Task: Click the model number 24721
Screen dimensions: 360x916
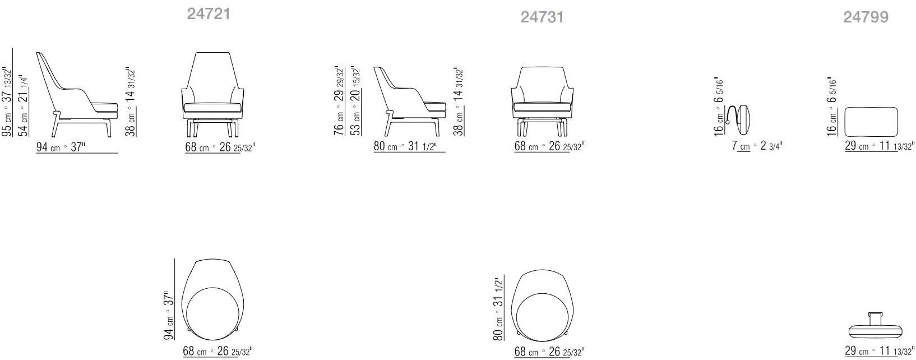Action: [208, 14]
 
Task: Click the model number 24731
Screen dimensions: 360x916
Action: [542, 17]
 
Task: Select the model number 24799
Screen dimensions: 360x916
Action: [866, 17]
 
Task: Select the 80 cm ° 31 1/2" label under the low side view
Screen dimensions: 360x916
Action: [409, 147]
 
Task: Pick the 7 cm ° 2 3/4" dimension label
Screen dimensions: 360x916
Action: [757, 146]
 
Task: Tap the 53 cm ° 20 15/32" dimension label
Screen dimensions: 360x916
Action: [355, 101]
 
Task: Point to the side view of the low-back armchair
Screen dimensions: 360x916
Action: [410, 101]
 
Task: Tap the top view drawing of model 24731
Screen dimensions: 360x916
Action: [542, 303]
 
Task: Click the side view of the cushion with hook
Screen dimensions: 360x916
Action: [739, 118]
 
